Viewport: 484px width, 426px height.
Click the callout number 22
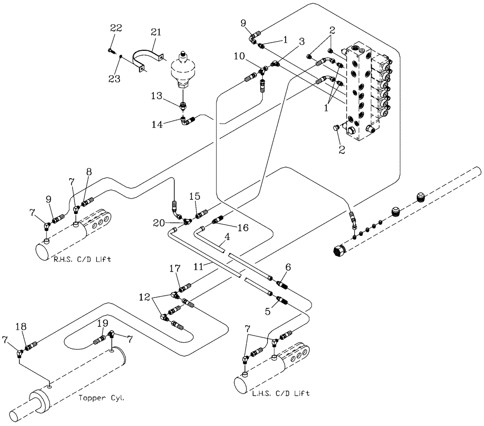pyautogui.click(x=116, y=29)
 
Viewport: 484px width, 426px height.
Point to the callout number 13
pyautogui.click(x=156, y=96)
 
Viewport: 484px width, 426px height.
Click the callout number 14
pyautogui.click(x=157, y=124)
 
